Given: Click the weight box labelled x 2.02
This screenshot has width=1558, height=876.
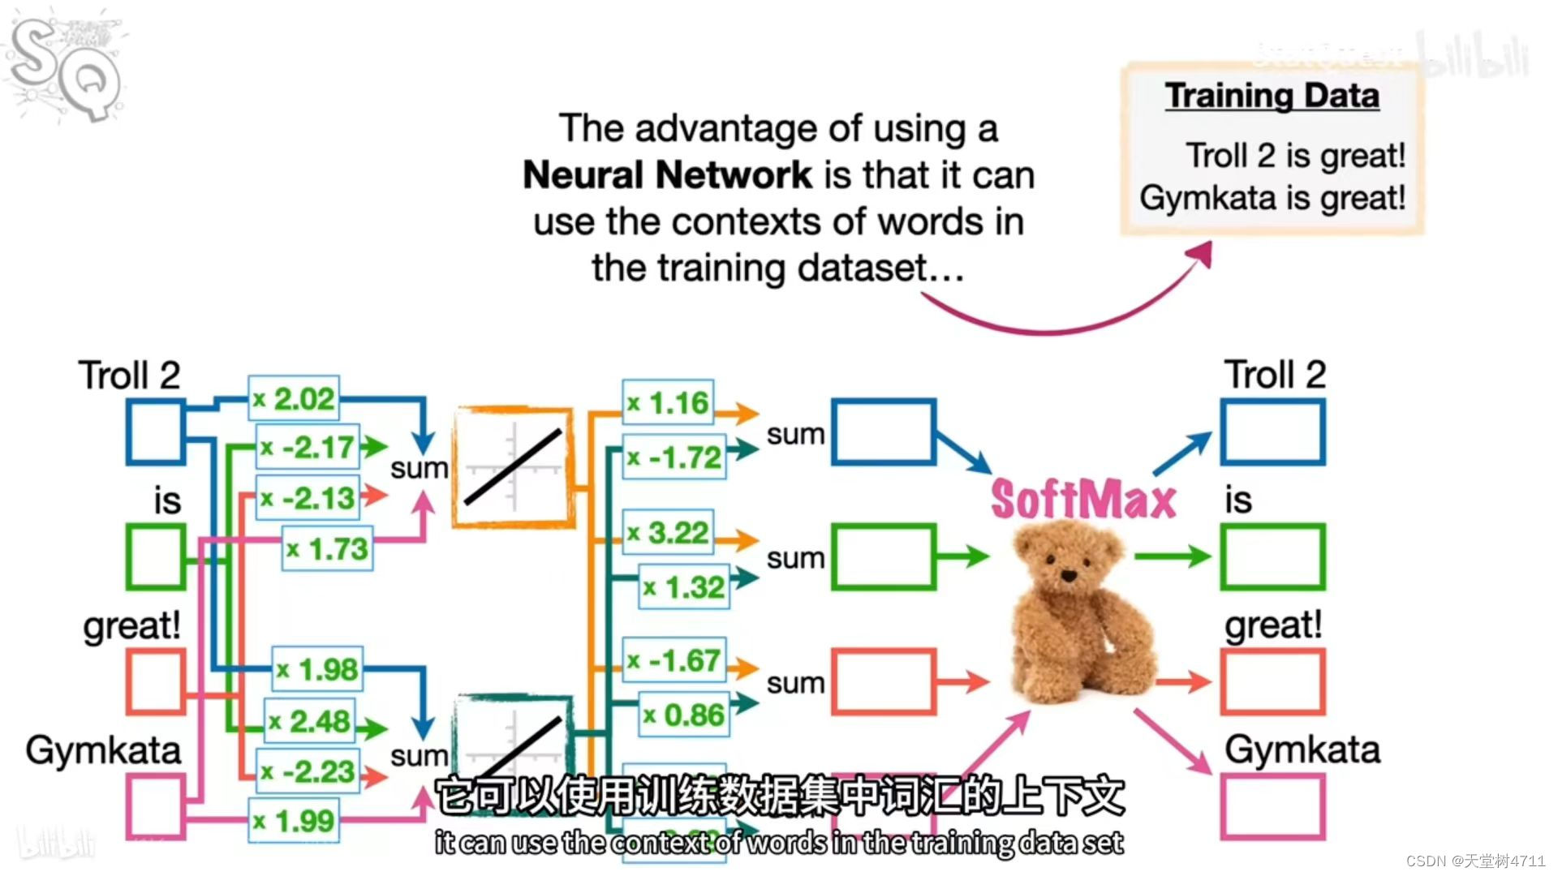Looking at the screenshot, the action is pos(294,398).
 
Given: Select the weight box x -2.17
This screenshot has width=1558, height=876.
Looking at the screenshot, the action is pos(308,447).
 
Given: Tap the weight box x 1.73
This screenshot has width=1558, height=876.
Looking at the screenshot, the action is pos(328,549).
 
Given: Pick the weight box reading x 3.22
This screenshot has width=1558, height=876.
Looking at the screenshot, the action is pos(668,533).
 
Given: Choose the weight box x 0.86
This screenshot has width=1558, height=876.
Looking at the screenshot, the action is pos(684,715).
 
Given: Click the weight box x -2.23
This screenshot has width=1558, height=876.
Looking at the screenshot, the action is pos(308,771).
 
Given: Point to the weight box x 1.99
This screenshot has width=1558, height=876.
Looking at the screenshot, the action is pos(294,821).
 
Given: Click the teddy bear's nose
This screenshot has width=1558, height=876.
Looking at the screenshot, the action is pos(1069,575).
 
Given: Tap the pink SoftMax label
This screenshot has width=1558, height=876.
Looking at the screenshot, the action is pos(1083,499).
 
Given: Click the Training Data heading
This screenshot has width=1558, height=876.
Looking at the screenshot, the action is pos(1272,96).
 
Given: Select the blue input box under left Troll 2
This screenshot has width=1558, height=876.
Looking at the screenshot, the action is pos(155,433).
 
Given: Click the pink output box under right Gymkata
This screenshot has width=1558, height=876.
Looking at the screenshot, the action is pos(1272,806).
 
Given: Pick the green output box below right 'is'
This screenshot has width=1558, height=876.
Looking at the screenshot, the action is pos(1272,556).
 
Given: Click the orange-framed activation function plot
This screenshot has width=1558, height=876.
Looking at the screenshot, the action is pos(512,467).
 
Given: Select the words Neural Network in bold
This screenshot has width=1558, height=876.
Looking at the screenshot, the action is pos(667,175).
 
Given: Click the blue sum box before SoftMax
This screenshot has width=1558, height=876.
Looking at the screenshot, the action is pos(884,432).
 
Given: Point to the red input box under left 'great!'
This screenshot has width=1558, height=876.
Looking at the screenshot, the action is pos(155,681).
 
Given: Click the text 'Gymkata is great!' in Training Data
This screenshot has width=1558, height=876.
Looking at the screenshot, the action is pos(1272,198).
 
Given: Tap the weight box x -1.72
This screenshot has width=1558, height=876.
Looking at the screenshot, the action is pos(674,457).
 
